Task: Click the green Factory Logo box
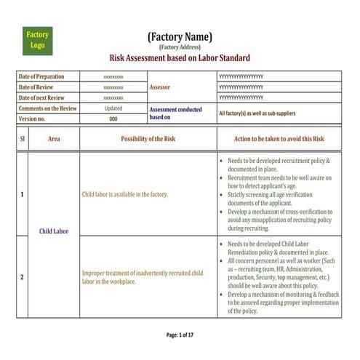pyautogui.click(x=37, y=40)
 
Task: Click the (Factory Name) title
pyautogui.click(x=180, y=36)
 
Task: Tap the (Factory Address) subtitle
pyautogui.click(x=180, y=47)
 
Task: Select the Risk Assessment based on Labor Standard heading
pyautogui.click(x=180, y=58)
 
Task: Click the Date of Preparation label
pyautogui.click(x=41, y=76)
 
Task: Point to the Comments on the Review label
pyautogui.click(x=47, y=108)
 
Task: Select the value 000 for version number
pyautogui.click(x=113, y=119)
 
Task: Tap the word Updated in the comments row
pyautogui.click(x=113, y=108)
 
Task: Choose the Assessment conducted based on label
pyautogui.click(x=175, y=112)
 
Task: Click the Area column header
pyautogui.click(x=54, y=138)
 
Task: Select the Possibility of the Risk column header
pyautogui.click(x=148, y=138)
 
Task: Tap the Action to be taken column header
pyautogui.click(x=279, y=138)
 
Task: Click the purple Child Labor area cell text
pyautogui.click(x=54, y=231)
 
